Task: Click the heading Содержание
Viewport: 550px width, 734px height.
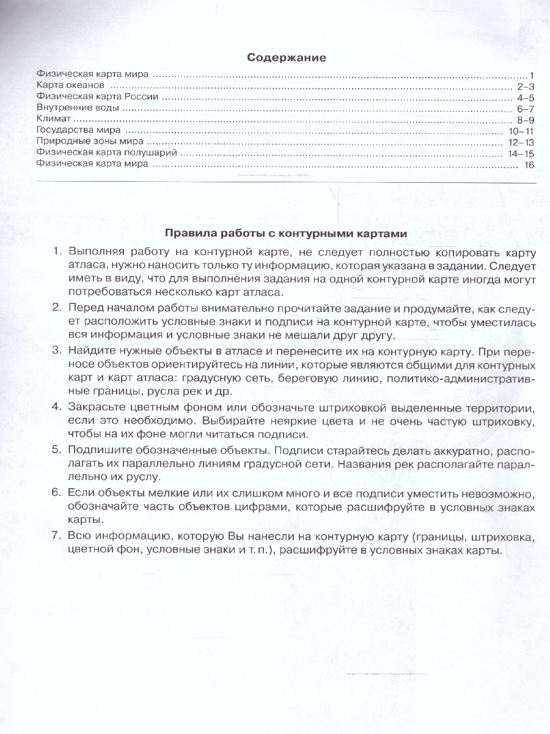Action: [x=286, y=57]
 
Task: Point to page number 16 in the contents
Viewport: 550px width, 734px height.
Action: [x=529, y=165]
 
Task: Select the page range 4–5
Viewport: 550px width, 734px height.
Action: [x=526, y=97]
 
